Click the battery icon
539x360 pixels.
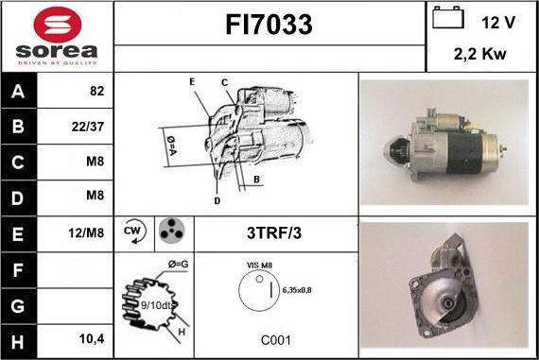[446, 19]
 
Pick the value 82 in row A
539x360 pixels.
[96, 92]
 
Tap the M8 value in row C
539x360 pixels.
[95, 162]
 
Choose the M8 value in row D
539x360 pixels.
[95, 197]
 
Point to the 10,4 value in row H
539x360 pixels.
[93, 336]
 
